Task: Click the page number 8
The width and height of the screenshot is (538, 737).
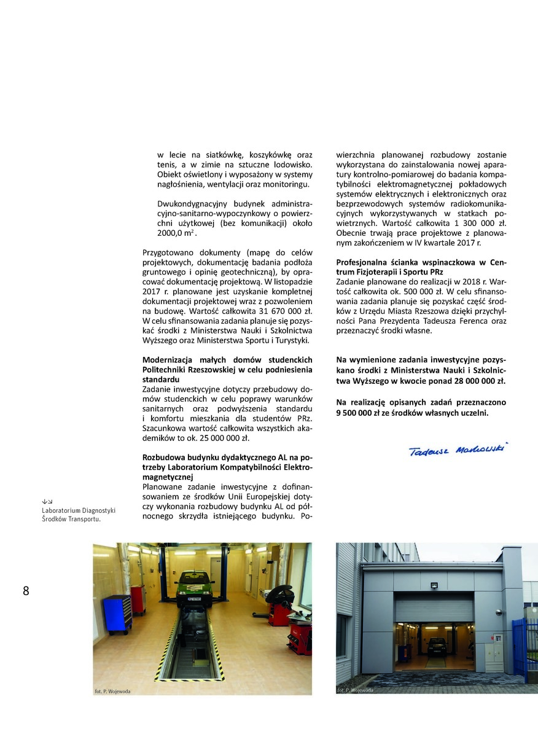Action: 26,591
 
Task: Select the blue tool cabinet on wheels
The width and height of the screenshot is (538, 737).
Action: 117,614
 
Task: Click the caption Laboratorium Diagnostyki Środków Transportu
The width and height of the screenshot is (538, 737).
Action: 79,514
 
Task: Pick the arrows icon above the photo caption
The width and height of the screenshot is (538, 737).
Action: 47,501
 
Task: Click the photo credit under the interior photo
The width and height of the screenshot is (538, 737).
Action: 112,691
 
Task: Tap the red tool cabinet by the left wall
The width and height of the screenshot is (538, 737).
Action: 138,599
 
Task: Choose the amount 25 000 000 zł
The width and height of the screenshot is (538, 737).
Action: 225,439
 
